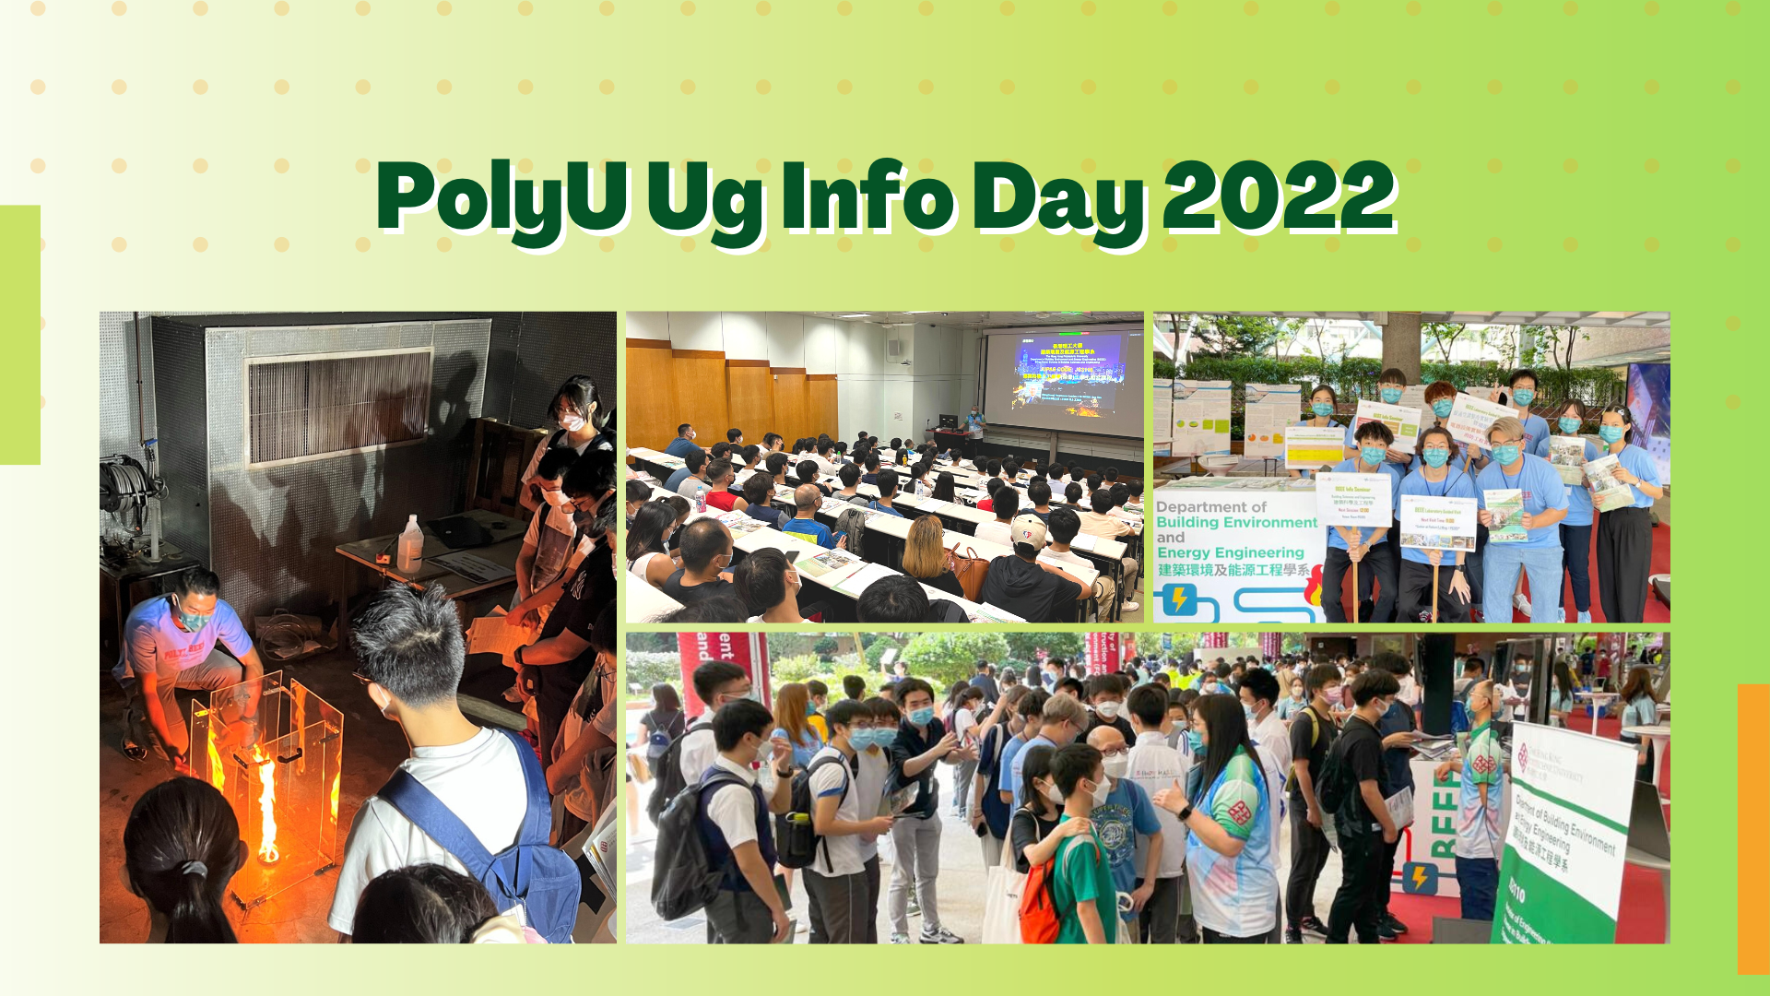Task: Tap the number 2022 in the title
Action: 1279,196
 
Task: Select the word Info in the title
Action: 867,196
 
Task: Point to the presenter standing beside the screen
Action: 973,428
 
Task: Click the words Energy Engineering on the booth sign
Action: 1231,552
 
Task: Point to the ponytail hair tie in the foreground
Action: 194,869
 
